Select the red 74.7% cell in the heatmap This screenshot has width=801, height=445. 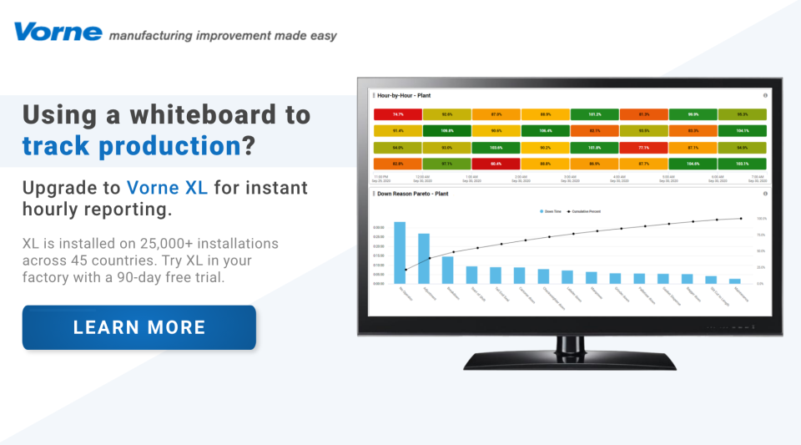pos(398,114)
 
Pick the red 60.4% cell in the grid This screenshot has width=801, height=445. pos(496,164)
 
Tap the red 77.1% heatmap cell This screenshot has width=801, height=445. pos(643,147)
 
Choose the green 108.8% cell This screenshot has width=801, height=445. pos(447,130)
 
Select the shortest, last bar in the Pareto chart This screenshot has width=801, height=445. pos(735,281)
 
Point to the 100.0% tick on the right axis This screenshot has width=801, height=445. pos(761,219)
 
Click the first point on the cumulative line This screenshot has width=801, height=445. pos(406,270)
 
